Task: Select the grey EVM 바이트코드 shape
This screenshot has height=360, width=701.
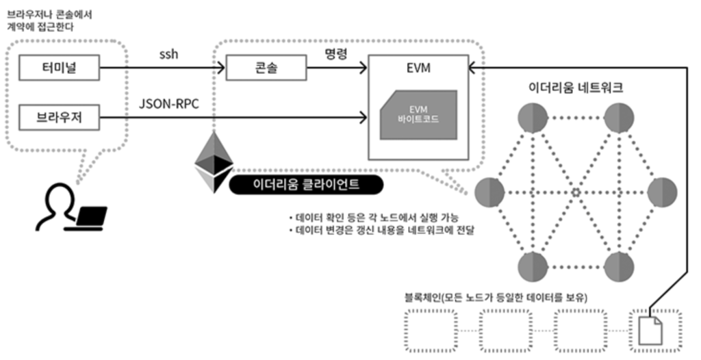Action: tap(419, 114)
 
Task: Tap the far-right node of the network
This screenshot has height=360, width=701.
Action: tap(662, 192)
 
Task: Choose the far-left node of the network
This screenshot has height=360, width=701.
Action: tap(489, 192)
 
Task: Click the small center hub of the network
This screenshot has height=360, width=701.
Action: tap(576, 192)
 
